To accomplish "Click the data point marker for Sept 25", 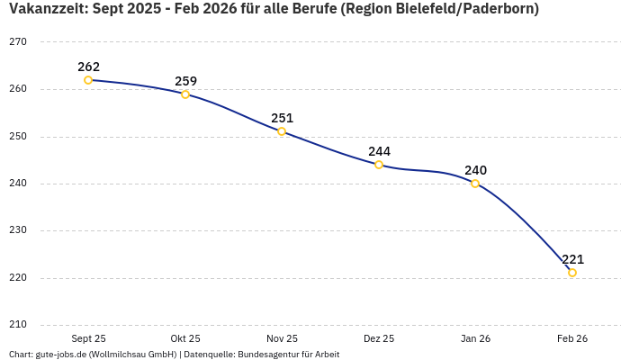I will tap(88, 80).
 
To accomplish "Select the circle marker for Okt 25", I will tap(185, 94).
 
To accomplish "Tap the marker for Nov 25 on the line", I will tap(282, 131).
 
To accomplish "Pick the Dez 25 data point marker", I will tap(379, 165).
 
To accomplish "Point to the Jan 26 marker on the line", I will tap(475, 184).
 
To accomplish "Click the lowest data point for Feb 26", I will tap(572, 273).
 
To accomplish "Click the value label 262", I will tap(88, 67).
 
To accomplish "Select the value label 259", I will tap(185, 81).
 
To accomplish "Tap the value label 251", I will tap(282, 118).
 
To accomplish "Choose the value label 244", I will tap(379, 151).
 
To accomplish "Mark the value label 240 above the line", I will tap(475, 170).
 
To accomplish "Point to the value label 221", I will tap(572, 259).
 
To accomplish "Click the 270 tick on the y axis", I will tap(18, 42).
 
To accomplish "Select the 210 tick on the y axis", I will tap(18, 325).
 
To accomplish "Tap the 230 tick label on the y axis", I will tap(18, 230).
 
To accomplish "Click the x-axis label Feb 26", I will tap(572, 338).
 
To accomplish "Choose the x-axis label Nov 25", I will tap(282, 338).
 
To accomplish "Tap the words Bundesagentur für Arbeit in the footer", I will tap(288, 355).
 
